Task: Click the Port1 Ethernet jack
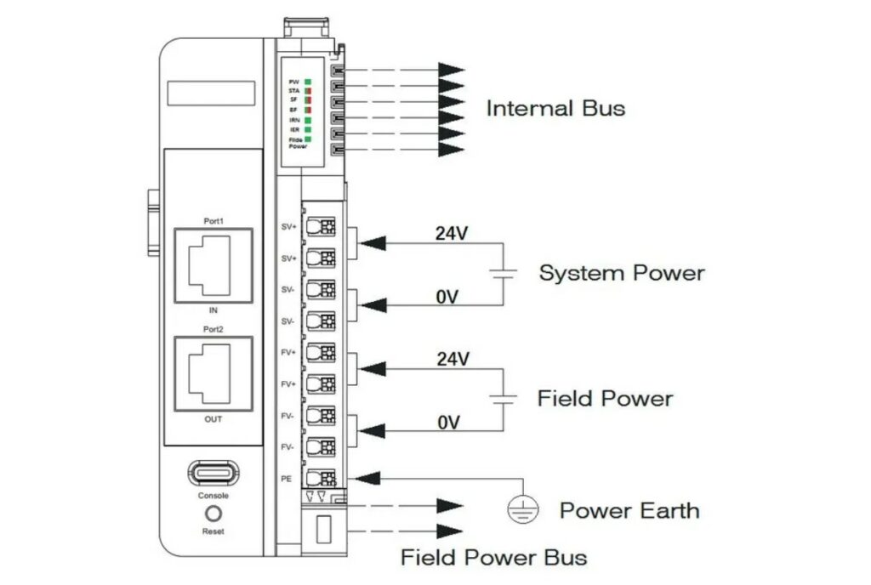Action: pyautogui.click(x=213, y=264)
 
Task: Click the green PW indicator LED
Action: pyautogui.click(x=308, y=81)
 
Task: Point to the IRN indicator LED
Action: pyautogui.click(x=308, y=120)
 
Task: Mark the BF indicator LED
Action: pyautogui.click(x=308, y=110)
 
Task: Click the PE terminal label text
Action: pyautogui.click(x=287, y=479)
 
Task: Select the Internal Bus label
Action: pyautogui.click(x=555, y=108)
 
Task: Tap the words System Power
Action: pyautogui.click(x=622, y=273)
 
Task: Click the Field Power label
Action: pyautogui.click(x=605, y=398)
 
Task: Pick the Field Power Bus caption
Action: pyautogui.click(x=493, y=558)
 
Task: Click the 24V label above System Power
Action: pyautogui.click(x=453, y=233)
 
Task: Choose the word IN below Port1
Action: pyautogui.click(x=213, y=310)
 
